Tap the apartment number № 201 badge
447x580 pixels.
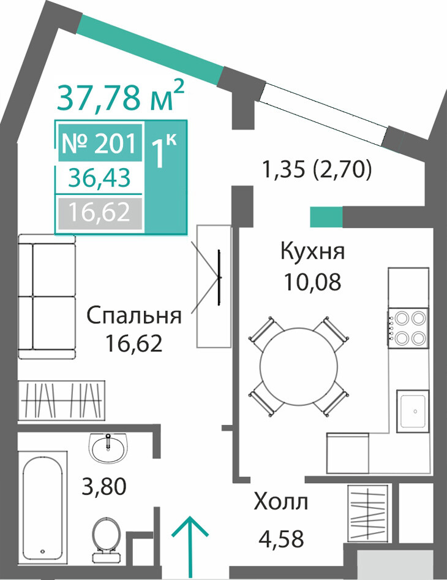coord(100,143)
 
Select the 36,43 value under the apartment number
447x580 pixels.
coord(99,178)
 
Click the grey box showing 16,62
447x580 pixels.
coord(100,213)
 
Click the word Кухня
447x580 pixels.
coord(312,251)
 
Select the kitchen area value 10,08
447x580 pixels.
coord(312,282)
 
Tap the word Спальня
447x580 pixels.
coord(134,316)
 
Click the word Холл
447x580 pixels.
coord(281,502)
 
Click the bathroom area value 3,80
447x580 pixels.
coord(104,486)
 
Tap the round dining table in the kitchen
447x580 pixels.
coord(299,366)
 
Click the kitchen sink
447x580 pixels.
coord(413,411)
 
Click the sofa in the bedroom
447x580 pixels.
coord(47,296)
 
